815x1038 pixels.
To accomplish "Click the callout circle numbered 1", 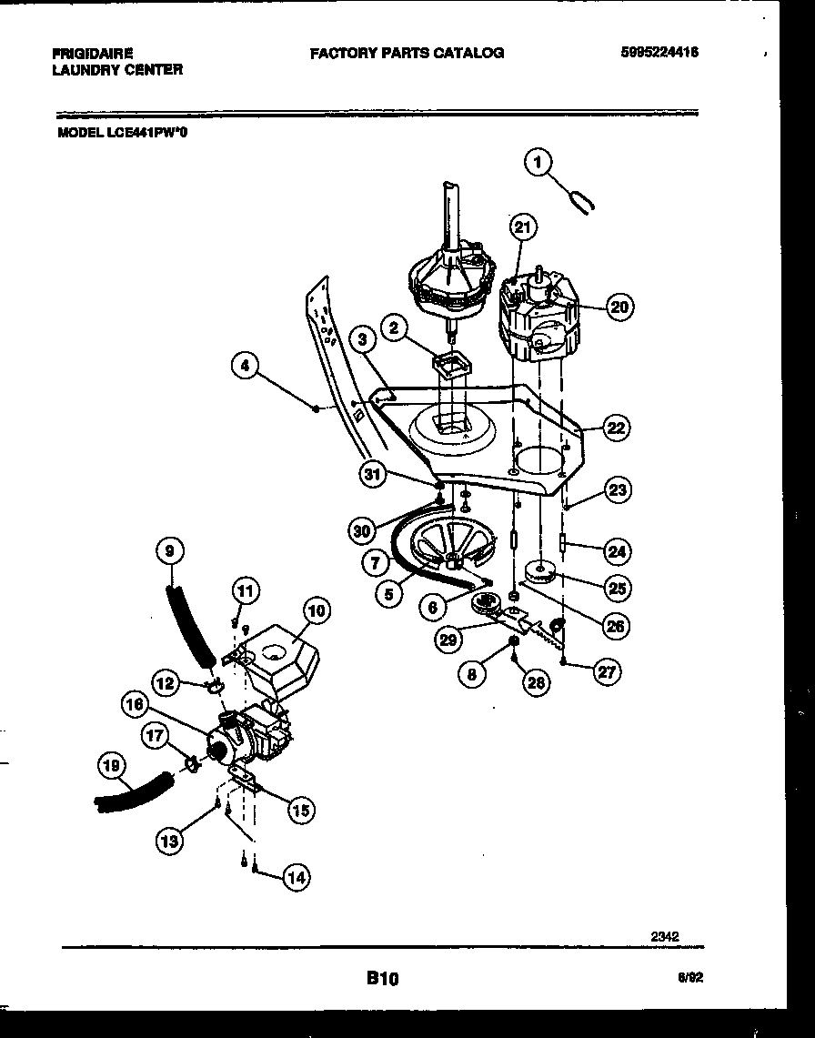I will pos(538,163).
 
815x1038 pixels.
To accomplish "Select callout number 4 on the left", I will pos(244,366).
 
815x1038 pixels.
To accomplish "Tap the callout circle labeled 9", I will pos(169,550).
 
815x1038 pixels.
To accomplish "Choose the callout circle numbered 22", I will pos(617,428).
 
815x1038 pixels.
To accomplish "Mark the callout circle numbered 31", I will pos(371,472).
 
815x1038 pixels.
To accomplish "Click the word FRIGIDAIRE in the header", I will pos(93,54).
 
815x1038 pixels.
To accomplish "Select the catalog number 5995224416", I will pos(659,53).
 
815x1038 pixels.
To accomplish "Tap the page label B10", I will pos(382,979).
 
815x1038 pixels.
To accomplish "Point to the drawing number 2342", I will pos(665,934).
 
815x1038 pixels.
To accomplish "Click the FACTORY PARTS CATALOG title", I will pos(407,53).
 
